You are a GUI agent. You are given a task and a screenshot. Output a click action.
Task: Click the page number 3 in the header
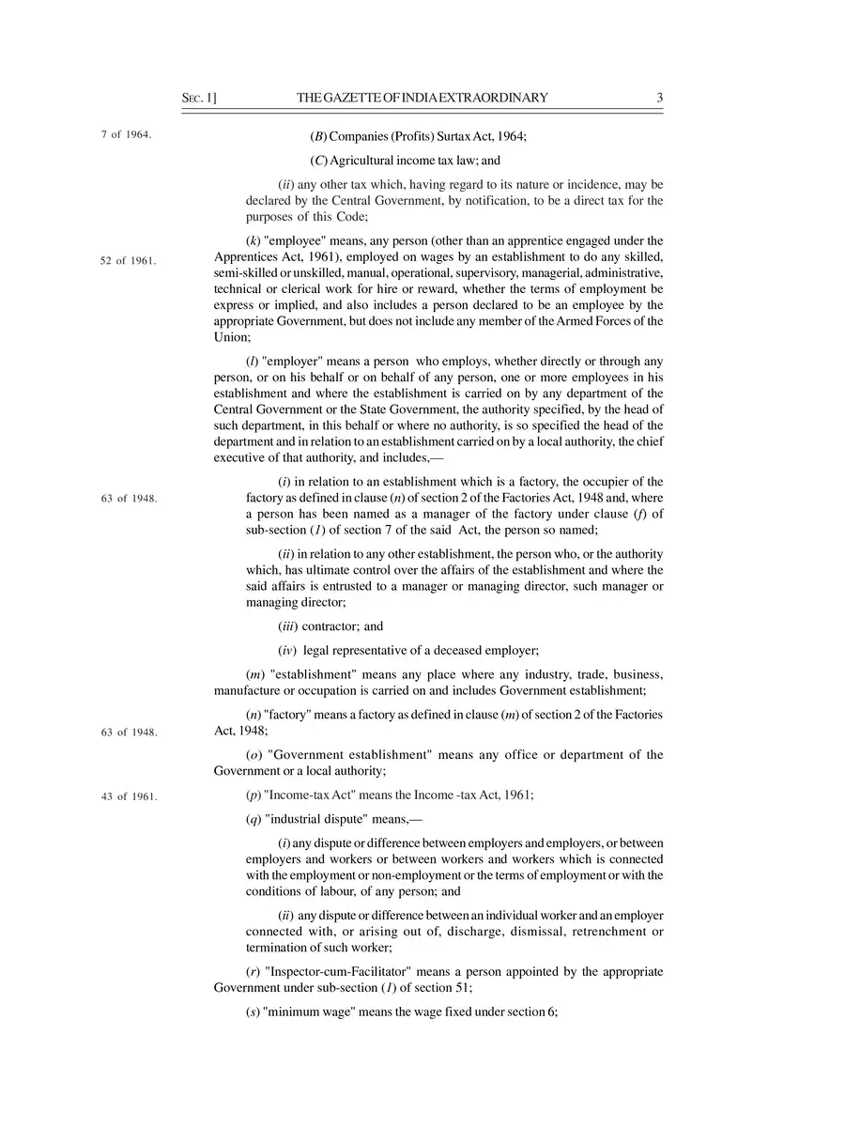pyautogui.click(x=660, y=98)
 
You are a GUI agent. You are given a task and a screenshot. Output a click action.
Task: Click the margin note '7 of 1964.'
pyautogui.click(x=126, y=134)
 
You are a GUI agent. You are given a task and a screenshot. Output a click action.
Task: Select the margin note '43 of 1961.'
pyautogui.click(x=129, y=796)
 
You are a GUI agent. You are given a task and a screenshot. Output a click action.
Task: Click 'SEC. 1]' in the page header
pyautogui.click(x=199, y=98)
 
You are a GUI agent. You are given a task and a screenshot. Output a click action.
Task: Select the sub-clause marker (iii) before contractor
pyautogui.click(x=288, y=625)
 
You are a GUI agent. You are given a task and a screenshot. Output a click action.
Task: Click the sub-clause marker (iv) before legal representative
pyautogui.click(x=288, y=650)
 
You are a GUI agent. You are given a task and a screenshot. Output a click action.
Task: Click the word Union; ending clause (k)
pyautogui.click(x=232, y=336)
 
